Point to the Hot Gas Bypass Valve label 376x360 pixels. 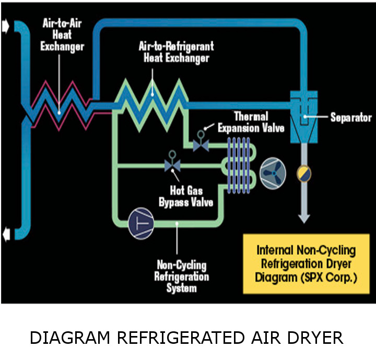[186, 196]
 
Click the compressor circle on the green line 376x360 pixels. [142, 222]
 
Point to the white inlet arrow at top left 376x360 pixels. [6, 27]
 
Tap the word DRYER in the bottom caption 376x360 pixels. [318, 338]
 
